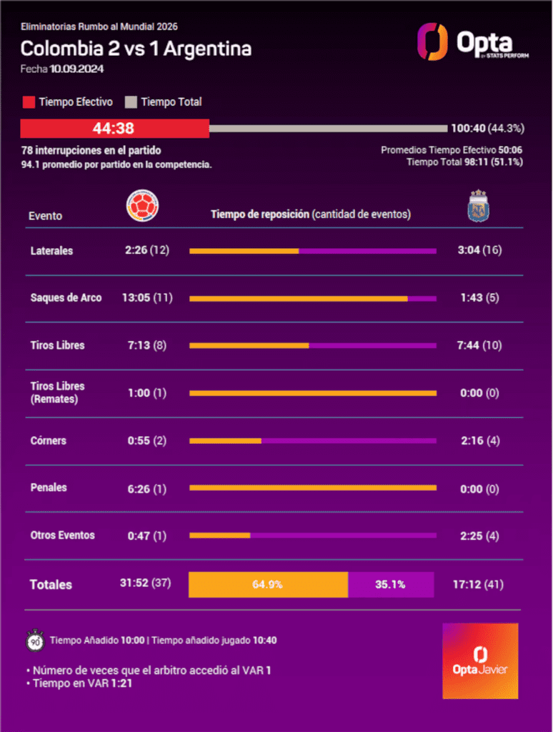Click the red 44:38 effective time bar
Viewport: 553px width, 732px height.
point(115,129)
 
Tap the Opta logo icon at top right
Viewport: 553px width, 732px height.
point(432,41)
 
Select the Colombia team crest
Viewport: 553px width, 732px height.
point(142,206)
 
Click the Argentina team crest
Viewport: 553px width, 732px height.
point(478,206)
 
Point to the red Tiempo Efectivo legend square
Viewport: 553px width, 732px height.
point(29,102)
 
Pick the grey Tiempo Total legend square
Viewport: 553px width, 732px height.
point(131,102)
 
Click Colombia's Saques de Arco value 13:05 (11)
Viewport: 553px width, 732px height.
point(147,298)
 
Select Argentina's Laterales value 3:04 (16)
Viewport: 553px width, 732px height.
point(479,250)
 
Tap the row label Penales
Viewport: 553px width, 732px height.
point(49,488)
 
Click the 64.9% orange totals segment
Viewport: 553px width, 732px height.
point(269,585)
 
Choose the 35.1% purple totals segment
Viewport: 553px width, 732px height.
point(391,585)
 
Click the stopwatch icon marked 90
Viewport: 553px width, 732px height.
point(35,641)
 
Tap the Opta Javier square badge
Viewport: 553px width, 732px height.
point(480,661)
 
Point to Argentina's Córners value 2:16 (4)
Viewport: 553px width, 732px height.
point(480,440)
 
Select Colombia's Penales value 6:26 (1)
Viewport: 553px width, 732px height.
point(147,489)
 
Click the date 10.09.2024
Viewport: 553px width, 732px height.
point(76,69)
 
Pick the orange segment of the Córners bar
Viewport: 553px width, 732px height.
point(225,440)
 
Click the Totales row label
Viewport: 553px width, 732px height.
point(51,585)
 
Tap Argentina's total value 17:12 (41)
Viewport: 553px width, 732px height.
point(478,585)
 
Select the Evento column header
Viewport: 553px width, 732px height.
point(45,216)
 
